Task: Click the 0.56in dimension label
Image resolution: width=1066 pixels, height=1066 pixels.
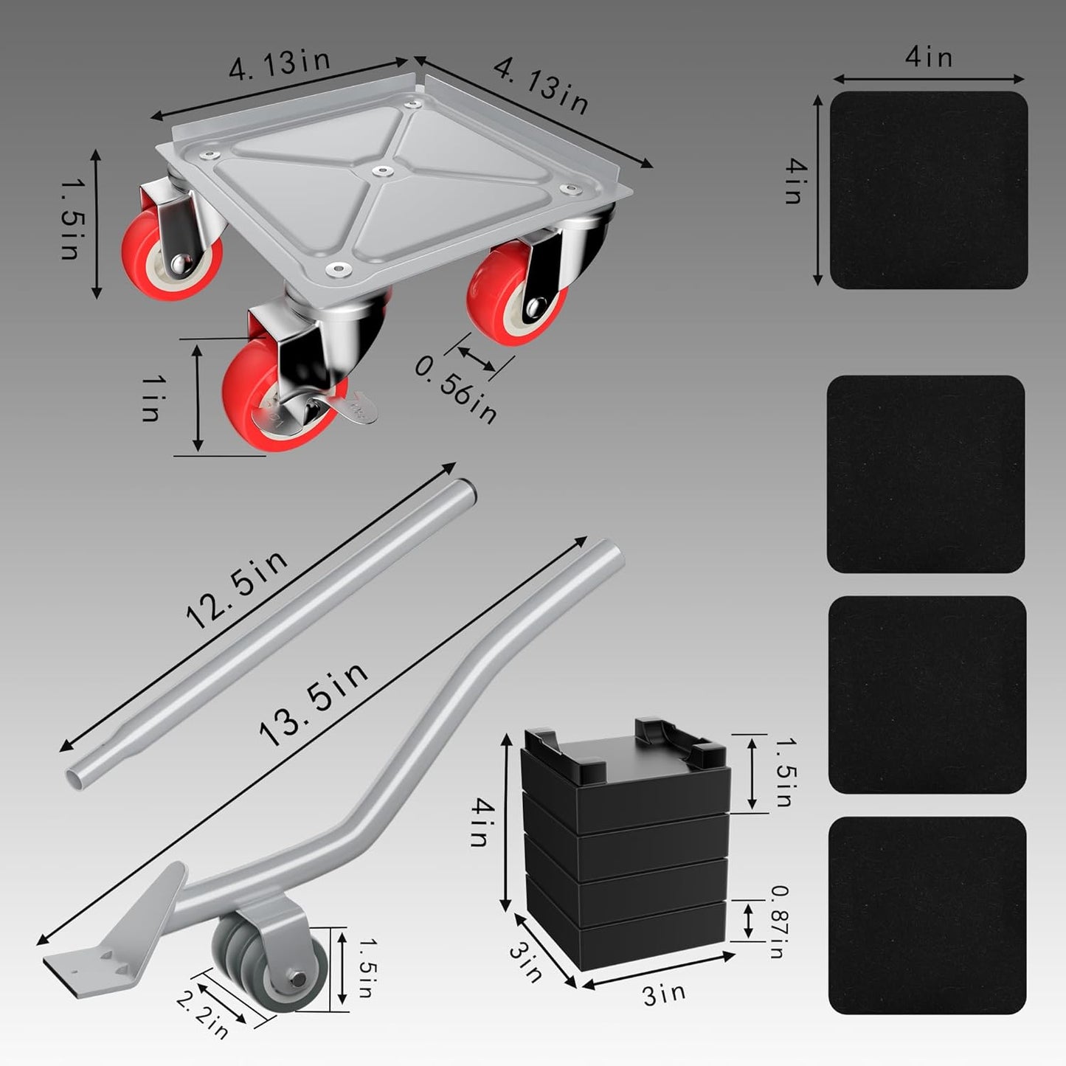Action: point(456,390)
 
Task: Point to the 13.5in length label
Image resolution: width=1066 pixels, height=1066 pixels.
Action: point(314,704)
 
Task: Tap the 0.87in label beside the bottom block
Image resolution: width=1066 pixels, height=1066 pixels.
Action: point(776,921)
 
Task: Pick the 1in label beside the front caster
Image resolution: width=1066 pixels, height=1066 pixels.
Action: point(151,398)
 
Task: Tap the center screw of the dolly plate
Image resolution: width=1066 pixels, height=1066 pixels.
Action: point(381,171)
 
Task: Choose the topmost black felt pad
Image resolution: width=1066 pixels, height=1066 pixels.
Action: point(929,190)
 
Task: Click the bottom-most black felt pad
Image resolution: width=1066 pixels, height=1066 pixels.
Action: point(927,916)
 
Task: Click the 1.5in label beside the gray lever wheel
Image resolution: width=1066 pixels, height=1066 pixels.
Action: point(364,968)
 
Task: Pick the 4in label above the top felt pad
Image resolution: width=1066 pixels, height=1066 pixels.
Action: point(929,58)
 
